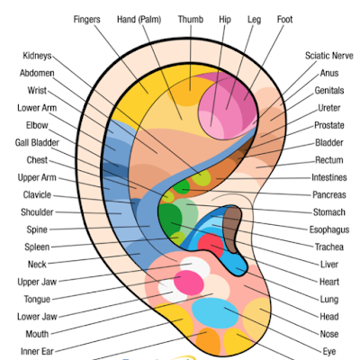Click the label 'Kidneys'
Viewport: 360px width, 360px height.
(x=37, y=56)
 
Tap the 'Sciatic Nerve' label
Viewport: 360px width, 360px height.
(x=329, y=56)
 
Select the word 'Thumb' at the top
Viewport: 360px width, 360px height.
(x=191, y=20)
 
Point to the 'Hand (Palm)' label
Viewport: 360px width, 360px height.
(x=139, y=20)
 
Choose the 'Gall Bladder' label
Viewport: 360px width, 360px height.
(x=37, y=142)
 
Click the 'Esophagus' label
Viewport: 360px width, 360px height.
(x=329, y=229)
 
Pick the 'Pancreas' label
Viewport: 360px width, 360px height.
(x=329, y=195)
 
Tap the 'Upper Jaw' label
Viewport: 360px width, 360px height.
(x=37, y=282)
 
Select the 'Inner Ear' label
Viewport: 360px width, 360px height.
(x=37, y=351)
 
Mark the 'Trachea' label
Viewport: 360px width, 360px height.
(x=329, y=247)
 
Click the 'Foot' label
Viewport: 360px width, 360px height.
(x=284, y=20)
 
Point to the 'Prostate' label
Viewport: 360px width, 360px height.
(x=329, y=125)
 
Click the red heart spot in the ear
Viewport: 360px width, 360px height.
(x=211, y=245)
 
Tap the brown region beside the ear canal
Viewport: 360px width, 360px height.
(x=233, y=229)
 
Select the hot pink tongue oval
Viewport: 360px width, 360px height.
(x=189, y=283)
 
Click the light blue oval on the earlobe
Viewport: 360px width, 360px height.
(x=215, y=313)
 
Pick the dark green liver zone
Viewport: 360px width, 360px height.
(x=170, y=219)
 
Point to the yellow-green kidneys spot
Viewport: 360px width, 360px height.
(x=202, y=177)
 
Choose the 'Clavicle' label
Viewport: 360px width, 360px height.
(x=37, y=195)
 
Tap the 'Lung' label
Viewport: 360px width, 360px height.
(x=329, y=300)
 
